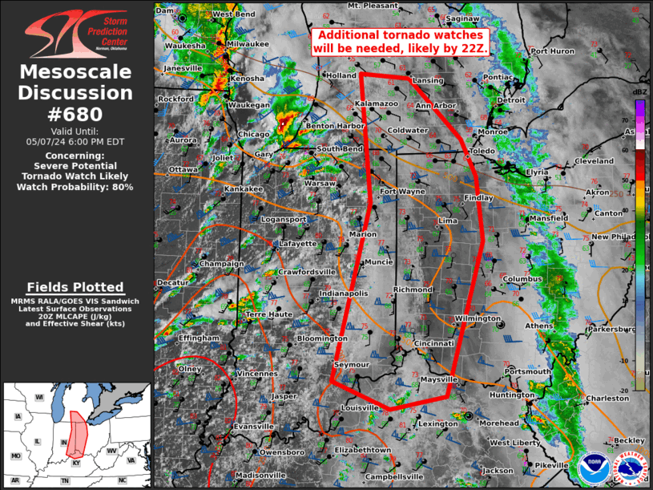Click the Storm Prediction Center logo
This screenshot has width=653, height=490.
point(76,31)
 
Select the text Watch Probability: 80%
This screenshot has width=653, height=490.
point(76,187)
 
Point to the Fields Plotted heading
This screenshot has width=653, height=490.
point(76,287)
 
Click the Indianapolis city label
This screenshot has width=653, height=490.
point(344,294)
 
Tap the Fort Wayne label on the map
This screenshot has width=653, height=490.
point(402,192)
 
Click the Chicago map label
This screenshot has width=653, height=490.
point(253,134)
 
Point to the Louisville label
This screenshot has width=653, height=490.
point(359,407)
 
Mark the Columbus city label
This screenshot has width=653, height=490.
point(523,279)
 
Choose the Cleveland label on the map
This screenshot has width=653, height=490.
point(595,161)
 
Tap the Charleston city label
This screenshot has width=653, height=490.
point(607,398)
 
